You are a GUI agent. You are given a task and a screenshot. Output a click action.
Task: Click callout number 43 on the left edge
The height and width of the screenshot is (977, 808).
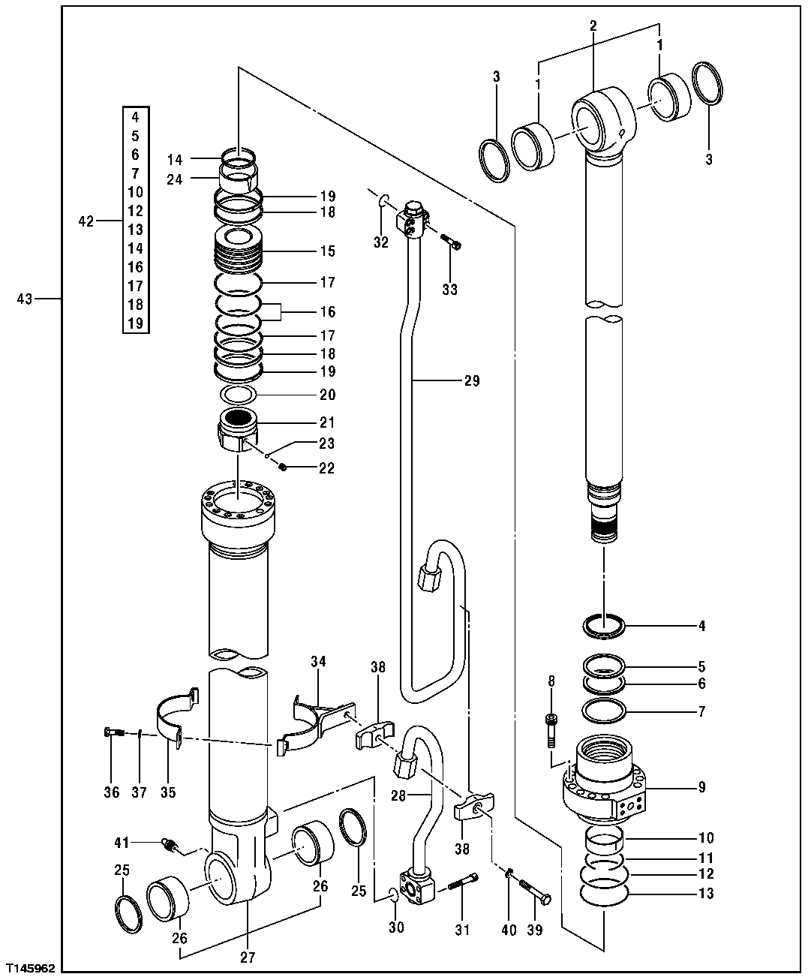25,299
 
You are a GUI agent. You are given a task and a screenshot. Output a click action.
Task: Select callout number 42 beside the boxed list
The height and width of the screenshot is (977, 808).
87,221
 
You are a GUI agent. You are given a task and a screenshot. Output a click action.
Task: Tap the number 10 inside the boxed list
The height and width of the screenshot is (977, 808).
136,192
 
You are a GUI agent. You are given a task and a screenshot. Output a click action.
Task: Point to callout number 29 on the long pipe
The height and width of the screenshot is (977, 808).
471,381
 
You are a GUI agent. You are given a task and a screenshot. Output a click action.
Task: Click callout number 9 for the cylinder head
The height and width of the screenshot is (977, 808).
701,787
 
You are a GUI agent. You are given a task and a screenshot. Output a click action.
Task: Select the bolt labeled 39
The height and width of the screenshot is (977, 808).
536,892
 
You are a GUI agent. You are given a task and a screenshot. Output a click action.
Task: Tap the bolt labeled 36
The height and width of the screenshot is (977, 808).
113,732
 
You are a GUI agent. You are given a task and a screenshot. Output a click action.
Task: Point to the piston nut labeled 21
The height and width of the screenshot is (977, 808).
239,432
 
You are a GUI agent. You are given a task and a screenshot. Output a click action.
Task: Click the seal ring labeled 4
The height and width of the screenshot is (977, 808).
604,625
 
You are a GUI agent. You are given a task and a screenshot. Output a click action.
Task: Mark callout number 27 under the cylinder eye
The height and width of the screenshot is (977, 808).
248,957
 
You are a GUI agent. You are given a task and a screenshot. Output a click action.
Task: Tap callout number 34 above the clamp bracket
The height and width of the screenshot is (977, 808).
319,660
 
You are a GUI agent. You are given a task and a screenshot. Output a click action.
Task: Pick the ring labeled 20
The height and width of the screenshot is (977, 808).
239,394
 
